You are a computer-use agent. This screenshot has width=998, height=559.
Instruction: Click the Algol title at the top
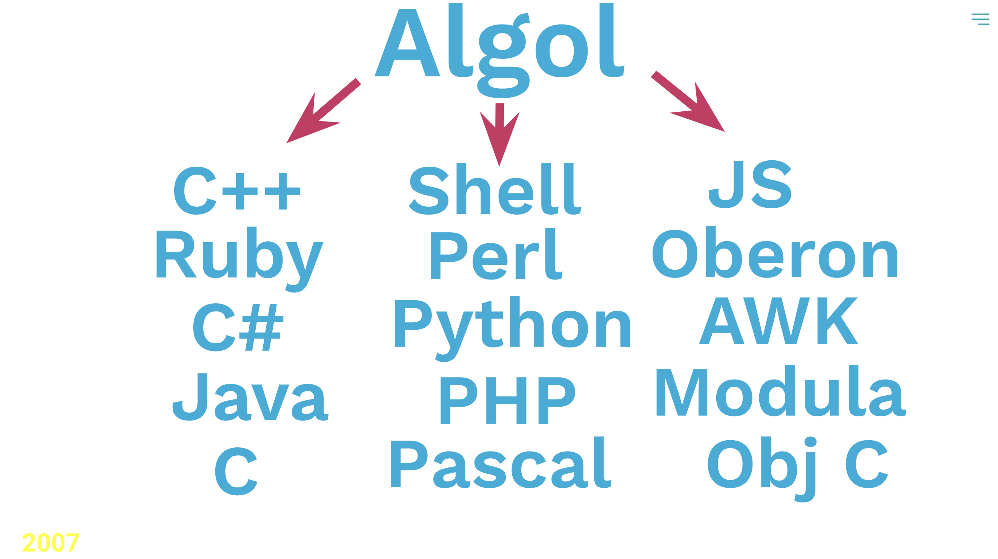[x=499, y=51]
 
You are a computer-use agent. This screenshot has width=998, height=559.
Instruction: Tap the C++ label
[x=237, y=190]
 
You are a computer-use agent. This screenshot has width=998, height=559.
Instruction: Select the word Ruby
[x=240, y=259]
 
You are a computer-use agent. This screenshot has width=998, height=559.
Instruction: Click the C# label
[x=238, y=327]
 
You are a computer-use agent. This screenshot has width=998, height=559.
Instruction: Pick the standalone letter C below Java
[x=236, y=471]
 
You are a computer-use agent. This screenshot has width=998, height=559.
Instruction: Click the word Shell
[x=495, y=189]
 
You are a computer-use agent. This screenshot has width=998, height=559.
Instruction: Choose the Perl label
[x=497, y=254]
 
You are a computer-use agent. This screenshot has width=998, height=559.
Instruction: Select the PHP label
[x=508, y=401]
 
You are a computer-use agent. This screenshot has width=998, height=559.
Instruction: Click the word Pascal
[x=501, y=462]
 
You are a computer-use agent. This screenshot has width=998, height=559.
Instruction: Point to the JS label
[x=750, y=184]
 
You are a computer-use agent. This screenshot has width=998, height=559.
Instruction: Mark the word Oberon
[x=775, y=252]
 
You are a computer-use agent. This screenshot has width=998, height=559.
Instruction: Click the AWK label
[x=779, y=321]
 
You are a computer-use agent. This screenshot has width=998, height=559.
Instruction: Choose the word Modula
[x=781, y=391]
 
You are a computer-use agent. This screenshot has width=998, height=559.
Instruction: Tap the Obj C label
[x=798, y=469]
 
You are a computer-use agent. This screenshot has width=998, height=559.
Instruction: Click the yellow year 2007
[x=51, y=543]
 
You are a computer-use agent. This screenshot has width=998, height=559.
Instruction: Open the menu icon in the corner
[x=981, y=19]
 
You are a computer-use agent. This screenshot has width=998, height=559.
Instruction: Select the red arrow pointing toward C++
[x=324, y=111]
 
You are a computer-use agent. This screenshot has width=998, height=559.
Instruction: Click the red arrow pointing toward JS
[x=688, y=101]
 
